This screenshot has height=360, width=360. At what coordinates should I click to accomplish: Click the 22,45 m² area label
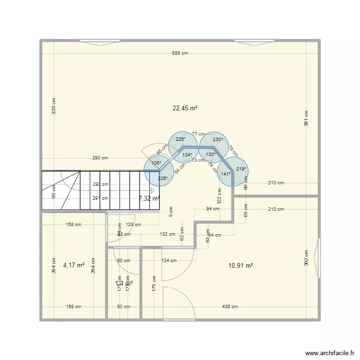(185, 108)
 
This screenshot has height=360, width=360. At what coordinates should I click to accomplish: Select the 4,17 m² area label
(73, 264)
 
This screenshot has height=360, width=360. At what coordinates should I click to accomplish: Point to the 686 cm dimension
(180, 53)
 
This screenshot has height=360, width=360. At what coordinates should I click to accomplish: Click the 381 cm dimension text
(306, 118)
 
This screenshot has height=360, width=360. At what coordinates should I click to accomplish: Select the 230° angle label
(218, 140)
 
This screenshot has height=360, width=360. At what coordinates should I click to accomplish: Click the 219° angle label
(241, 169)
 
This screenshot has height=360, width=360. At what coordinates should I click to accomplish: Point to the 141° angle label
(226, 174)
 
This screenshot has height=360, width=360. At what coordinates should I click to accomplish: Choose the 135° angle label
(156, 163)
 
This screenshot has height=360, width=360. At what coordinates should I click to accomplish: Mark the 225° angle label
(162, 179)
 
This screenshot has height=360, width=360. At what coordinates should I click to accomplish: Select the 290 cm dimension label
(100, 158)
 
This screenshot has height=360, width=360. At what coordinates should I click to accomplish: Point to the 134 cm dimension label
(168, 261)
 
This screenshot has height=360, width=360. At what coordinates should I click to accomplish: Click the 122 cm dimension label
(218, 196)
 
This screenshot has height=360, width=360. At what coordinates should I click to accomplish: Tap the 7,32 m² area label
(149, 198)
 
